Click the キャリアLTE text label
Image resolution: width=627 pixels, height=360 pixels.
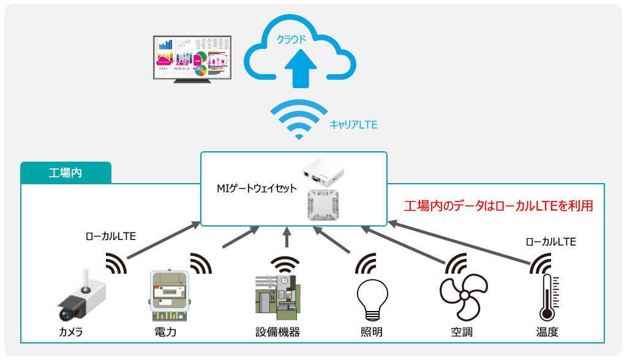(x=353, y=124)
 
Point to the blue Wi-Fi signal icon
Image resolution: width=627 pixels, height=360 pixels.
(x=299, y=119)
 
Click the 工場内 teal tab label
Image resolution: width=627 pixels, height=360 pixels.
(x=66, y=173)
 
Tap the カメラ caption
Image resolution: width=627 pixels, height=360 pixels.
(x=70, y=332)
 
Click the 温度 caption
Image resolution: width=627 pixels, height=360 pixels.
(x=547, y=332)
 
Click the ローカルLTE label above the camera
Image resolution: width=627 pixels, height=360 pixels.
(x=111, y=235)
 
